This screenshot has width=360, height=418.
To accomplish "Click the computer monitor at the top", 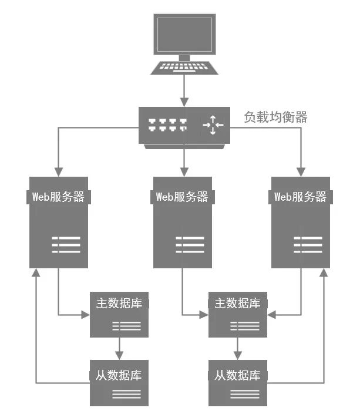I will pos(184,35).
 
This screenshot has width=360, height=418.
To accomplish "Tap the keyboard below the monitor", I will pos(184,68).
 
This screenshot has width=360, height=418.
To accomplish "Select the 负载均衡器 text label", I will pos(275,117).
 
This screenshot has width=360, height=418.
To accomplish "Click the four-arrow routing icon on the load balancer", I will pos(213,124).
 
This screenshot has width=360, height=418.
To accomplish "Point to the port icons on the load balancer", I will pos(167,124).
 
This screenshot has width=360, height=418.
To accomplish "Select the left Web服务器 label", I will pos(58,197).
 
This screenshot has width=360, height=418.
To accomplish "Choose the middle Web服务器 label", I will pos(182,197).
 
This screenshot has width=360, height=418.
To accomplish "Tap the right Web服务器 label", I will pos(300,197).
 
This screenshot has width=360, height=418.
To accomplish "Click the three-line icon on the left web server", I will pos(66,245).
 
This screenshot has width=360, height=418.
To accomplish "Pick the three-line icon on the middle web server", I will pos(190,245).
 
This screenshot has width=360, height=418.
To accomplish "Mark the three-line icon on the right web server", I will pos(308,245).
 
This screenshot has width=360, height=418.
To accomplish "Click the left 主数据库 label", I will pos(119,303).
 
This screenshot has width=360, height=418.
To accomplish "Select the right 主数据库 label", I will pos(237,303).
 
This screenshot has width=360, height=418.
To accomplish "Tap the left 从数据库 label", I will pos(119,374).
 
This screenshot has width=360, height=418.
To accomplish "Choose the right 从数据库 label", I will pos(237,374).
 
